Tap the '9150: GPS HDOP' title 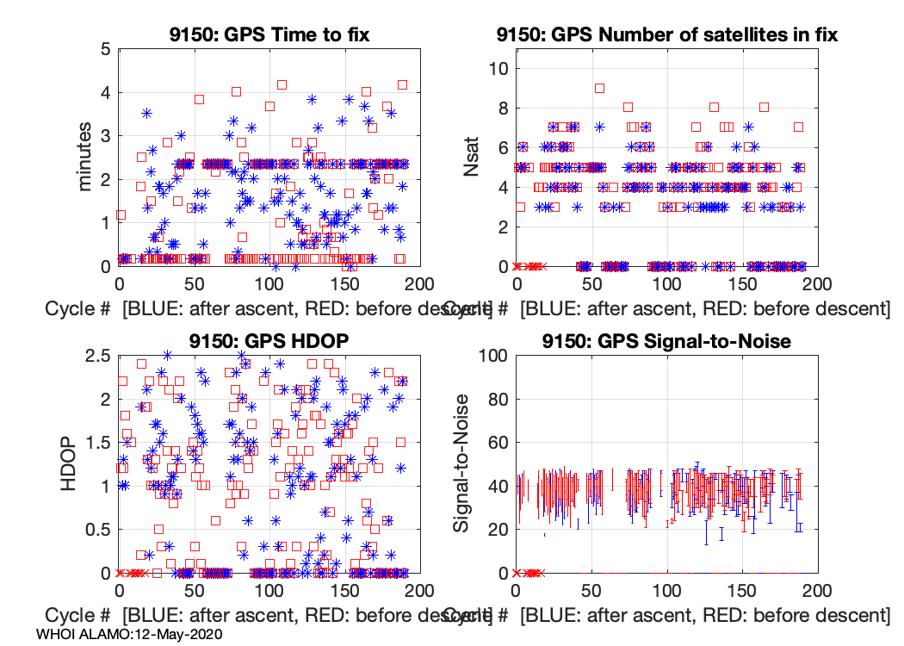coord(269,340)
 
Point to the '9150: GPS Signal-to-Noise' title coord(666,340)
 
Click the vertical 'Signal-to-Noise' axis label coord(462,463)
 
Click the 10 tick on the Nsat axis coord(498,69)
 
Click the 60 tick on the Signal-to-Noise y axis coord(498,442)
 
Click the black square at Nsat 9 coord(600,88)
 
